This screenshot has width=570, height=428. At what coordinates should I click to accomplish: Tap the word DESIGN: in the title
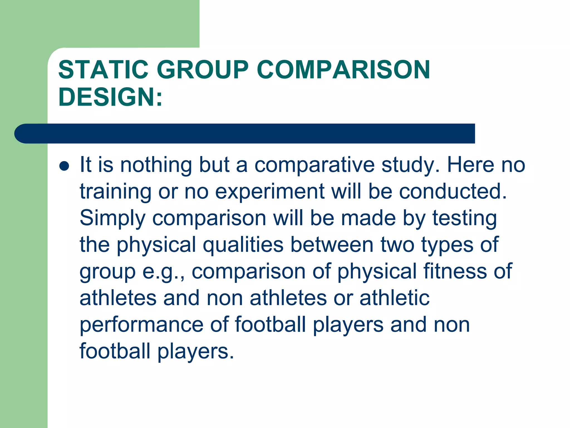coord(110,96)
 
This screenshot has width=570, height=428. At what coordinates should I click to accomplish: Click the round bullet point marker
coord(64,166)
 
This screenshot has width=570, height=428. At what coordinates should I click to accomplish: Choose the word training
coord(116,192)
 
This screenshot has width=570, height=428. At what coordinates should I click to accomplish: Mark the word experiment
coord(270,192)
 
